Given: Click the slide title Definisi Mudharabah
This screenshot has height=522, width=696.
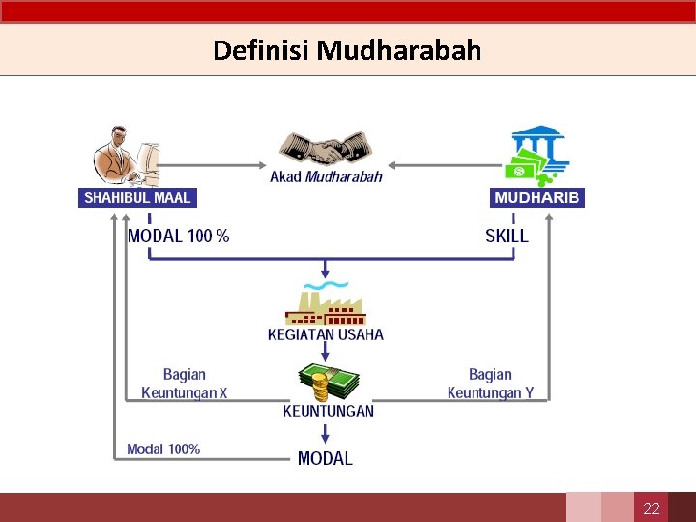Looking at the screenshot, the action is (347, 50).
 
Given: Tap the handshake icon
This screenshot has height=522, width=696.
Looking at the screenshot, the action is (326, 149).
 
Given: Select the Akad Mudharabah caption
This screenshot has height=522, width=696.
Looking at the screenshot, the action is (326, 176).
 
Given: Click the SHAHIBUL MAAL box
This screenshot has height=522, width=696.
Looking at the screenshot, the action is (137, 197).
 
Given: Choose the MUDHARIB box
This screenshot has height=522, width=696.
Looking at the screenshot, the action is (537, 197).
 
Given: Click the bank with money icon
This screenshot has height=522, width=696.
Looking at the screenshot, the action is (535, 155).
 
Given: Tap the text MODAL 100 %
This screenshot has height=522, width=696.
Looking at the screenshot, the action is (178, 235).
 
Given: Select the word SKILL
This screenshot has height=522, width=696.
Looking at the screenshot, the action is (507, 235).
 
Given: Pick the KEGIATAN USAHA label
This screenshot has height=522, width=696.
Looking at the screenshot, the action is (326, 334).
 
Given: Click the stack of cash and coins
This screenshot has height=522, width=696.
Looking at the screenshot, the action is (325, 381).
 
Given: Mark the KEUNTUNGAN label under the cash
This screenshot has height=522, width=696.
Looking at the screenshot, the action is (328, 411).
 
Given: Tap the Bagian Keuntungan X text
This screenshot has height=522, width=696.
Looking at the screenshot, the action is (184, 384).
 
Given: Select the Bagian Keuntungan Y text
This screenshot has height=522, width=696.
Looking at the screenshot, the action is (490, 384).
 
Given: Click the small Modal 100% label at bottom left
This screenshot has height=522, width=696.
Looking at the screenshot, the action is (163, 449).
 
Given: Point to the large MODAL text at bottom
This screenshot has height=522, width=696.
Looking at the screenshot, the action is (325, 458).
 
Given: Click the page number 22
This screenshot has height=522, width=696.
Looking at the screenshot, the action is (652, 508).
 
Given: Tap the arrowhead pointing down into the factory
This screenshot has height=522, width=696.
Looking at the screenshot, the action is (326, 275).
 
